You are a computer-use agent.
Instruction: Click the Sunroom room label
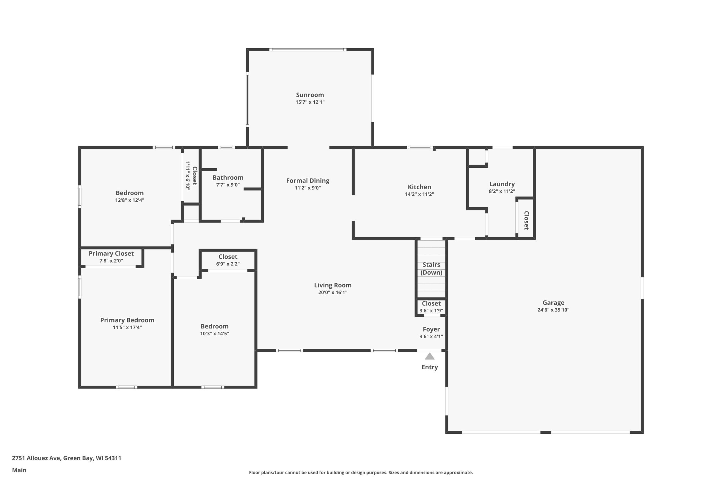click(x=310, y=95)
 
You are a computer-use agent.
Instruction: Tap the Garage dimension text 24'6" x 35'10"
click(x=553, y=310)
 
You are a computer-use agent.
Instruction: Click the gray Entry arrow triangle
click(x=430, y=356)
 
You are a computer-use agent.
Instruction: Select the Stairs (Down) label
click(x=431, y=269)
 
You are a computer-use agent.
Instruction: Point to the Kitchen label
click(x=419, y=187)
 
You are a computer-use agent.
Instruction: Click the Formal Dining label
click(x=308, y=181)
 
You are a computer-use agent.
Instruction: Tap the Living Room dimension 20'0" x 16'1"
click(x=333, y=292)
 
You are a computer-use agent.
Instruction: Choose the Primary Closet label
click(x=111, y=254)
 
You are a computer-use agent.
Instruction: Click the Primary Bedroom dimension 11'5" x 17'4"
click(x=127, y=327)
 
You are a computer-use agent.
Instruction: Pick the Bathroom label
click(x=228, y=178)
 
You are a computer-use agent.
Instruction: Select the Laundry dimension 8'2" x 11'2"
click(x=502, y=191)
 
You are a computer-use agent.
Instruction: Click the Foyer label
click(x=431, y=330)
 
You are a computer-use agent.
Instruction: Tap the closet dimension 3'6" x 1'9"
click(x=431, y=311)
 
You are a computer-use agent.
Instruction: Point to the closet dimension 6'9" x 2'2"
click(x=228, y=264)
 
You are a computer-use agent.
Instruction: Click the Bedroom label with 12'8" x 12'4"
click(x=129, y=193)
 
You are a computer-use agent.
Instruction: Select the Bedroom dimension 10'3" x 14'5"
click(x=215, y=333)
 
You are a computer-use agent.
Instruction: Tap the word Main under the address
click(x=19, y=470)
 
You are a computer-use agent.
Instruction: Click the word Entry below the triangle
click(x=430, y=367)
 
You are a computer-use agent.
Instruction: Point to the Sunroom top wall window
click(x=308, y=49)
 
